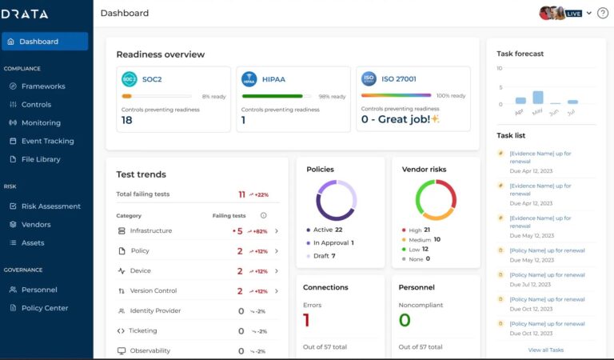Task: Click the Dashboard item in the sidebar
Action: [x=45, y=42]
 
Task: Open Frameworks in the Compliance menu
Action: [x=43, y=86]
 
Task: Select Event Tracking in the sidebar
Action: [x=47, y=141]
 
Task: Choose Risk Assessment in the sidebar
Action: [x=50, y=206]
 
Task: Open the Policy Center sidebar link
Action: [x=45, y=308]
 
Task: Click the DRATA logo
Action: [x=26, y=14]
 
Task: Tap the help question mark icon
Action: [x=603, y=13]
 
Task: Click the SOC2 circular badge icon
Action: [x=129, y=79]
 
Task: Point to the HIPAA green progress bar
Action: [x=272, y=96]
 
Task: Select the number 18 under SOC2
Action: [x=127, y=120]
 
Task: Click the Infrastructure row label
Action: [x=150, y=231]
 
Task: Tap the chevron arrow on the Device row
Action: [x=277, y=271]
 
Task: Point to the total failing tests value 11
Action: [x=241, y=194]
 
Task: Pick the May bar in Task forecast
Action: [x=538, y=98]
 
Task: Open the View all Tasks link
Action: [x=546, y=350]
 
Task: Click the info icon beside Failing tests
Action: [x=264, y=215]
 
